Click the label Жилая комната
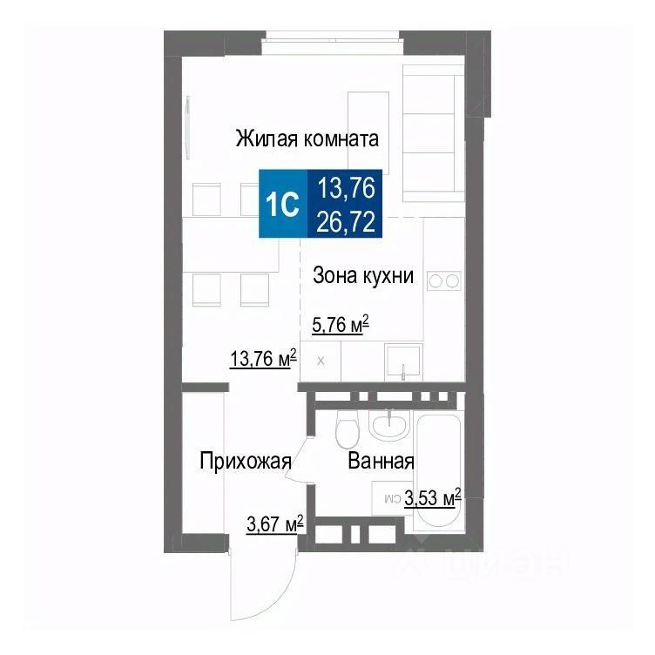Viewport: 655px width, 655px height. [x=307, y=138]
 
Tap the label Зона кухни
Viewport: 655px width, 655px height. [x=362, y=277]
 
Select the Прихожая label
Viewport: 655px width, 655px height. [x=244, y=461]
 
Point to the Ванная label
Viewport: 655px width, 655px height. [x=380, y=461]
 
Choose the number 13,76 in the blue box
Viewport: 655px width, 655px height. [x=346, y=186]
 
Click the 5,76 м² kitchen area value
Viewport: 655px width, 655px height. [x=340, y=326]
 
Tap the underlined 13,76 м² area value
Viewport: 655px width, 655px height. [x=262, y=358]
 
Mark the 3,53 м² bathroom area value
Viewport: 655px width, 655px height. [x=432, y=499]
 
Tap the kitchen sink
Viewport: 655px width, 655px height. [x=404, y=361]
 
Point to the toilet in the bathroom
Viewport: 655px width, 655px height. [x=347, y=431]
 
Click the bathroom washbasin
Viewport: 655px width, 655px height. [x=388, y=424]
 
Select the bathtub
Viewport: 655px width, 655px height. [x=438, y=470]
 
